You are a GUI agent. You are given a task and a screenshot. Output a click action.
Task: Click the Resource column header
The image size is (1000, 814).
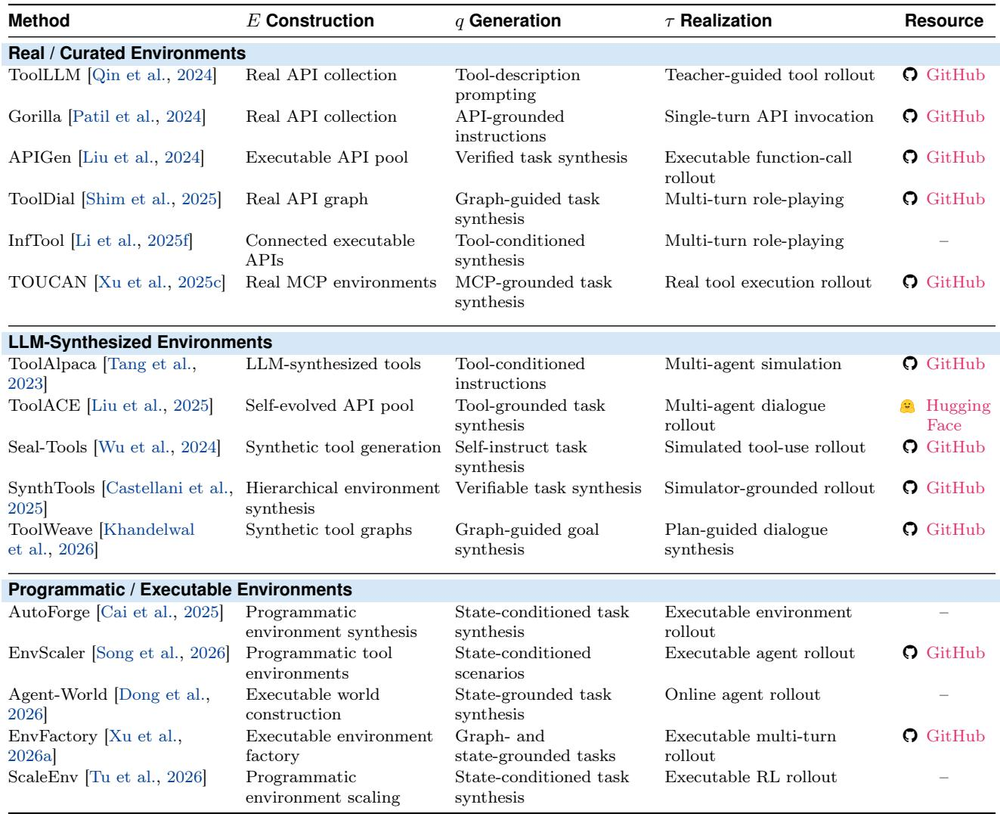(943, 20)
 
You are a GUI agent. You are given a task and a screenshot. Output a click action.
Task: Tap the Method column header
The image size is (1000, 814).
(39, 20)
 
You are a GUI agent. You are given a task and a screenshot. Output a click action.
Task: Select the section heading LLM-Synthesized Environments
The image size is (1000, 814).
(140, 342)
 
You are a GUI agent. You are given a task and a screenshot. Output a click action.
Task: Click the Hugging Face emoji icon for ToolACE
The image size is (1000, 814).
(907, 405)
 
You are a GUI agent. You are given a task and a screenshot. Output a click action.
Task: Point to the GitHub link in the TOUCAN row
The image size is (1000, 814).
(955, 282)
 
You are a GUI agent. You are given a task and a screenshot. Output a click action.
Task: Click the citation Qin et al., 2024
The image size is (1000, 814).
(152, 75)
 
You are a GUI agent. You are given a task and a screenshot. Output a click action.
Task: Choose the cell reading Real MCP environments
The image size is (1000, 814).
(341, 282)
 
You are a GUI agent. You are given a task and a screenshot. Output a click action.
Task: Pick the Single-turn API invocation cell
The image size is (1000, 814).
(769, 117)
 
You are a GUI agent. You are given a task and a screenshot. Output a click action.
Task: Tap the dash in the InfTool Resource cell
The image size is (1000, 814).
(943, 241)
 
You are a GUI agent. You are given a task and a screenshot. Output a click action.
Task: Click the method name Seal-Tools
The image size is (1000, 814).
(48, 447)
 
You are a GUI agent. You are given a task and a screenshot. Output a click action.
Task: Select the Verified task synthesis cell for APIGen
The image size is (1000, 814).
(541, 158)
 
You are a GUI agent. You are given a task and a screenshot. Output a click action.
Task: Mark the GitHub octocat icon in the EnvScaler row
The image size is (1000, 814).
(910, 652)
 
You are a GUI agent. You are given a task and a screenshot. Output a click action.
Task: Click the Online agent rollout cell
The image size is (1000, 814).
(742, 694)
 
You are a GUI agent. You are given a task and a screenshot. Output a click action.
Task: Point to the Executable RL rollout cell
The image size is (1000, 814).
(751, 777)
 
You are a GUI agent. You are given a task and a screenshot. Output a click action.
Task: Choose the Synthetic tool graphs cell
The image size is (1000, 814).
(328, 530)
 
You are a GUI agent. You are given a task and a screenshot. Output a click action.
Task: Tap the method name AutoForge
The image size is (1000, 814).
(49, 612)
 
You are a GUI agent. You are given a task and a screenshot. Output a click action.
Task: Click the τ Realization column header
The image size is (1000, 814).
(718, 20)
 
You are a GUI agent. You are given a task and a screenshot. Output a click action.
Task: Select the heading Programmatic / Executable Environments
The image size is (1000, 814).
(180, 589)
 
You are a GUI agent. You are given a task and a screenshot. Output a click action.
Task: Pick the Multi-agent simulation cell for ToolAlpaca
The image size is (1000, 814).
(753, 365)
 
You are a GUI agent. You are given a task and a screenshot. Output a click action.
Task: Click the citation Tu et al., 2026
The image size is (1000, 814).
(146, 778)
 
